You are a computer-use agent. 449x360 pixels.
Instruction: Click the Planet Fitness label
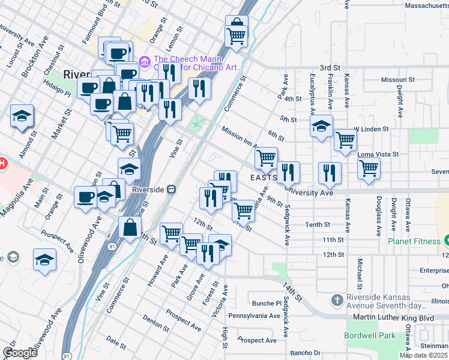tap(414, 242)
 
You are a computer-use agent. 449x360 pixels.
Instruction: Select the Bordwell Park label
tap(371, 335)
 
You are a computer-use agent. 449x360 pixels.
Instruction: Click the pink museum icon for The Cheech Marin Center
tap(144, 62)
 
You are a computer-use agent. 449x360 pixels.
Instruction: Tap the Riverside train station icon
tap(172, 190)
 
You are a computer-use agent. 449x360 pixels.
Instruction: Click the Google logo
tap(20, 352)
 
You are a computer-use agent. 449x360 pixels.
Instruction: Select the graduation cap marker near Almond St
tap(22, 115)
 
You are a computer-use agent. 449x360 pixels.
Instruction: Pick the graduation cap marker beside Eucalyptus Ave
tap(321, 126)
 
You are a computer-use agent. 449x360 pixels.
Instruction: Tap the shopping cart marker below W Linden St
tap(345, 140)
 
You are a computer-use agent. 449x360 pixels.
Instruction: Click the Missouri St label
tap(398, 79)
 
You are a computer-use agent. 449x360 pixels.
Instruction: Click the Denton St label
tap(155, 323)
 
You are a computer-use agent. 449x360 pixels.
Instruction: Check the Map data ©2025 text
tap(423, 355)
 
